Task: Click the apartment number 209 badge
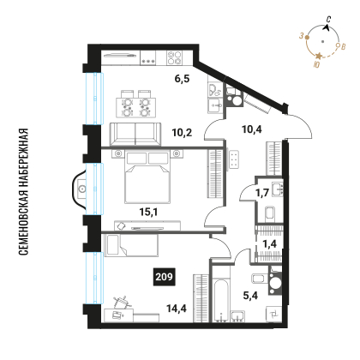pyautogui.click(x=165, y=277)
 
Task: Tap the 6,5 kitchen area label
pyautogui.click(x=183, y=79)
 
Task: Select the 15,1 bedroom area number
pyautogui.click(x=148, y=212)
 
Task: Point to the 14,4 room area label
pyautogui.click(x=177, y=309)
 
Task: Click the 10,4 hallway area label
pyautogui.click(x=252, y=129)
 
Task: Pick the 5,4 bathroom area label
pyautogui.click(x=250, y=295)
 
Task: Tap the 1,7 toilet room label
pyautogui.click(x=262, y=193)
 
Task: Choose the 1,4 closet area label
pyautogui.click(x=269, y=243)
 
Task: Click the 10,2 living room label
pyautogui.click(x=182, y=133)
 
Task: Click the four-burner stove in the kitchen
pyautogui.click(x=175, y=57)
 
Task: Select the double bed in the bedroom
pyautogui.click(x=147, y=177)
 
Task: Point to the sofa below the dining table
pyautogui.click(x=135, y=135)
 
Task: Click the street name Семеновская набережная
pyautogui.click(x=23, y=192)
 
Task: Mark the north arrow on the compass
pyautogui.click(x=327, y=27)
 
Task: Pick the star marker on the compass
pyautogui.click(x=319, y=56)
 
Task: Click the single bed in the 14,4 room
pyautogui.click(x=131, y=245)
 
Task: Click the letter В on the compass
pyautogui.click(x=344, y=46)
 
